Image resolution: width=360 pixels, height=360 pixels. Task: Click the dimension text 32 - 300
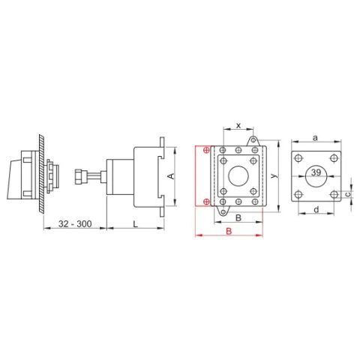click(75, 223)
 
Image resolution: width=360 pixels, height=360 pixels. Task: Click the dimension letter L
click(135, 224)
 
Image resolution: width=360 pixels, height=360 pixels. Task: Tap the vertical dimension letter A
click(172, 176)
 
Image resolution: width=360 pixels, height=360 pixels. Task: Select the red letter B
click(229, 231)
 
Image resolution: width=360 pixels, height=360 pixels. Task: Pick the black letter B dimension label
click(238, 217)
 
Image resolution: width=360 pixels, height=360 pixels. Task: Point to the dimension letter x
click(238, 125)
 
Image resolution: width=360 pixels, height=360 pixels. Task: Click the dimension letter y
click(274, 175)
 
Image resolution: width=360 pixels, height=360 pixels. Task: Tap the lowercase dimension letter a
click(316, 137)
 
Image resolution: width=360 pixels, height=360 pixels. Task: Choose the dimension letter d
click(316, 209)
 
